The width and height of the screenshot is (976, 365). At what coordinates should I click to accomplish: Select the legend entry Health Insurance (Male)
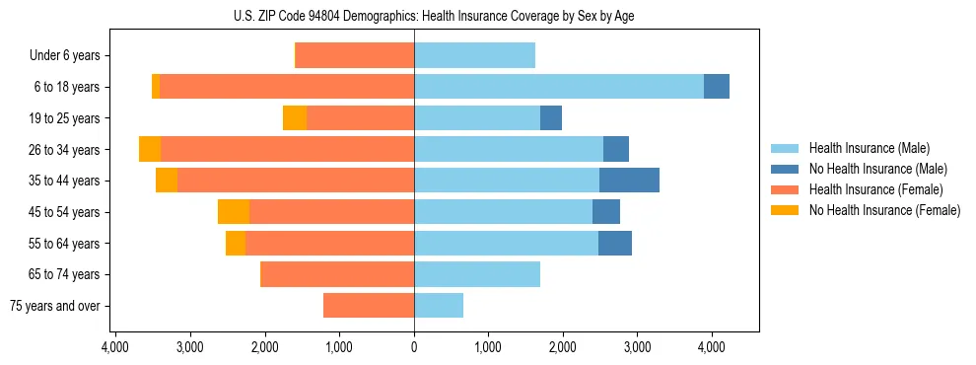coord(864,148)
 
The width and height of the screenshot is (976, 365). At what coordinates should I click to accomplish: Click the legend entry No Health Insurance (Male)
coord(871,169)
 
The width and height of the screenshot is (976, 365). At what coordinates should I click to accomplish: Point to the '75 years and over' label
coord(55,306)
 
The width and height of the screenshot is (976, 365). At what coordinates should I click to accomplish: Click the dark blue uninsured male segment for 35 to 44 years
coord(629,181)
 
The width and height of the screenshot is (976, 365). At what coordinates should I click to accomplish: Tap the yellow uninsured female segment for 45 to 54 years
coord(234,212)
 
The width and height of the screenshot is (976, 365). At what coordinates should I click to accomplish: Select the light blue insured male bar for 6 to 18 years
coord(558,87)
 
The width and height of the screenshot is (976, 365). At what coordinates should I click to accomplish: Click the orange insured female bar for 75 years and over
coord(369,306)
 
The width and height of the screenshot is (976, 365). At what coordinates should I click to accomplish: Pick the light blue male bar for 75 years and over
coord(439,306)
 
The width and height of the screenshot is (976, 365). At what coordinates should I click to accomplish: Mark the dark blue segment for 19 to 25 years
coord(551,118)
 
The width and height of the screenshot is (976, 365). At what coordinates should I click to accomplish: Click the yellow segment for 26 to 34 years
coord(150,149)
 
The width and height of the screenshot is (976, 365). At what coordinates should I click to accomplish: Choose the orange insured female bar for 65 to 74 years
coord(337,274)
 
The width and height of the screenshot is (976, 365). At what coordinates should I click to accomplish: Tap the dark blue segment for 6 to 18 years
coord(717,87)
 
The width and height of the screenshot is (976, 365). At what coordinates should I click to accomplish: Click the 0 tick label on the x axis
coord(414,347)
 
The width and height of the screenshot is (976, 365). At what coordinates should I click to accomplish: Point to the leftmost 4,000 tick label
coord(114,347)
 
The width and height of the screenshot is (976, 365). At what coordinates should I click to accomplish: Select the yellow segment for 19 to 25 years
coord(295,118)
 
